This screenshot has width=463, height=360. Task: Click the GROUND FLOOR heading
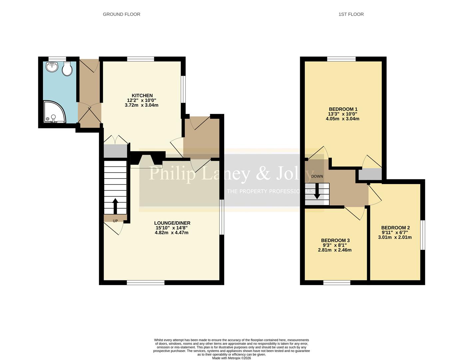tap(121, 14)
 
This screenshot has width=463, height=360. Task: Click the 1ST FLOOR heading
tap(351, 14)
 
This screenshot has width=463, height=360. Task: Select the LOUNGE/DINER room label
tap(172, 223)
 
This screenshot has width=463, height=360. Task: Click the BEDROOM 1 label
tap(343, 109)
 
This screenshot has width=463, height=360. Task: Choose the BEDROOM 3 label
tap(335, 240)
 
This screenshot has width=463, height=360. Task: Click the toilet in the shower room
tap(67, 69)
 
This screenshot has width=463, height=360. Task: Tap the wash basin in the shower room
tap(52, 67)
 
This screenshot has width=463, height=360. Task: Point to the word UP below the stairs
tap(115, 221)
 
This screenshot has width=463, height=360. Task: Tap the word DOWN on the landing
tap(317, 176)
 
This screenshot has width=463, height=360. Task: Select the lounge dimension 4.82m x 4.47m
tap(172, 233)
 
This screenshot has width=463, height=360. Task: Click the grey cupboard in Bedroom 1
tap(370, 174)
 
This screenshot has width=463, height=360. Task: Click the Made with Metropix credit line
tap(231, 358)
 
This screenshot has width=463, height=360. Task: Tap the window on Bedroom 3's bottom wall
tap(336, 283)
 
